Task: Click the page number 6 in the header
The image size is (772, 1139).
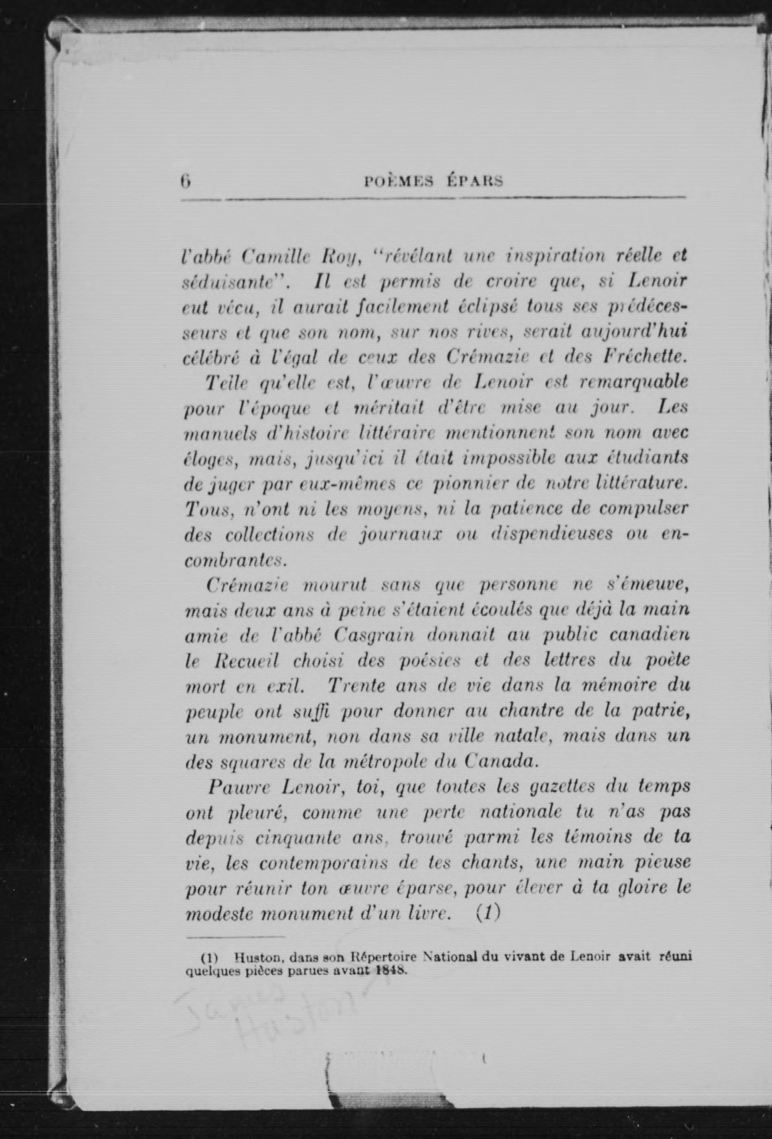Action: [186, 181]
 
